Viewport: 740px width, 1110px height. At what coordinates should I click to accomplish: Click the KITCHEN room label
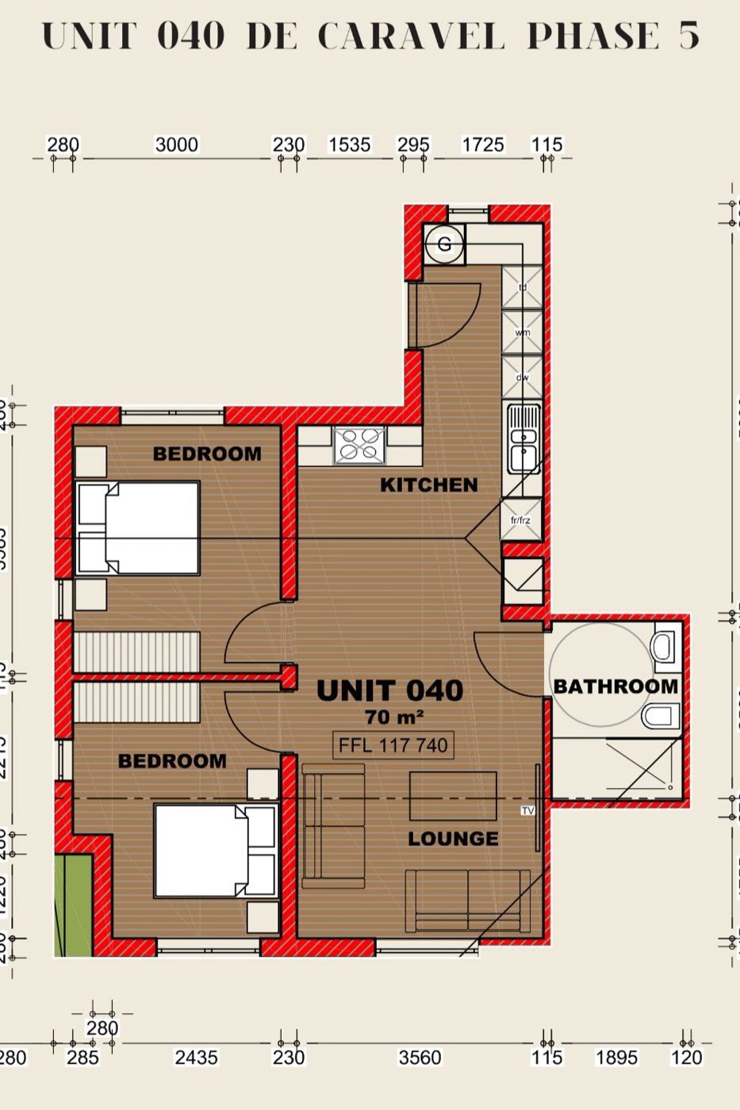pos(429,484)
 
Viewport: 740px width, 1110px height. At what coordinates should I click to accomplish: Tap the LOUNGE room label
pos(453,838)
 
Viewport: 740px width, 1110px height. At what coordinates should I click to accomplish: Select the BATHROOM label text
pos(615,686)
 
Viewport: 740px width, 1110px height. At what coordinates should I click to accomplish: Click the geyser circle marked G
pos(444,244)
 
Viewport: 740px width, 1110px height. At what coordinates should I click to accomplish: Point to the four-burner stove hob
pos(358,445)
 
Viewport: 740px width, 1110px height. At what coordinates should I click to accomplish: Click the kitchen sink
pos(523,438)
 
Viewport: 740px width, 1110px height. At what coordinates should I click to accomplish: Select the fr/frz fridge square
pos(521,520)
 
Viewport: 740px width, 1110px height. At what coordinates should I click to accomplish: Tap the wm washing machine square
pos(523,332)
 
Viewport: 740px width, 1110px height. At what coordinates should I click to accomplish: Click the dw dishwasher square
pos(523,377)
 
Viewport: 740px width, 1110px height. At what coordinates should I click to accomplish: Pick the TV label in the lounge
pos(528,810)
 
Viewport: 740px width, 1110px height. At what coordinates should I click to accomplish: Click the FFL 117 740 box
pos(393,745)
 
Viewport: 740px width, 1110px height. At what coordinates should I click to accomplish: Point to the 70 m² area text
pos(393,717)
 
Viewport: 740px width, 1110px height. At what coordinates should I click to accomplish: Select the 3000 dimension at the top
pos(176,144)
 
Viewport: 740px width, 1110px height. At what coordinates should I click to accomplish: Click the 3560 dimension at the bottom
pos(420,1057)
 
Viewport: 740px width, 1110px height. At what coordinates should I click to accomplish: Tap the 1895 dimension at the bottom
pos(615,1057)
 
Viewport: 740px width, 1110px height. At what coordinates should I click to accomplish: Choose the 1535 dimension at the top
pos(350,144)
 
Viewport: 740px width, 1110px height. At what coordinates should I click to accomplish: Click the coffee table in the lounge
pos(453,795)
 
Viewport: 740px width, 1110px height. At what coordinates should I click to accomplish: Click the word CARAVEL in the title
pos(410,36)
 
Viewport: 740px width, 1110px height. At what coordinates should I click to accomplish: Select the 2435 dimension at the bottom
pos(196,1057)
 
